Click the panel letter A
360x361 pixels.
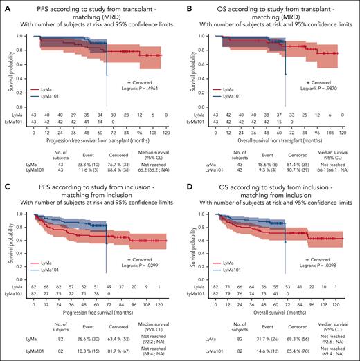coord(4,6)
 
